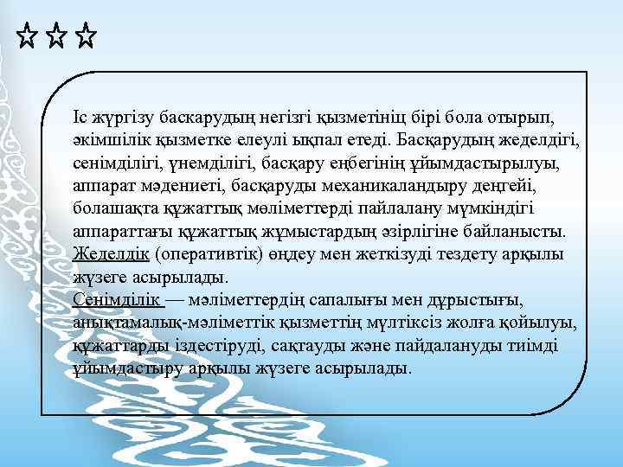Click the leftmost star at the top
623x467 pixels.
(x=27, y=37)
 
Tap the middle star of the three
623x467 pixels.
(x=56, y=37)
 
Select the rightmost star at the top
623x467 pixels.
(x=86, y=37)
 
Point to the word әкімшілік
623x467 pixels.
(x=109, y=139)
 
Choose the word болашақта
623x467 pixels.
(x=110, y=209)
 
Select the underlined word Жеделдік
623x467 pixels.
(x=112, y=255)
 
